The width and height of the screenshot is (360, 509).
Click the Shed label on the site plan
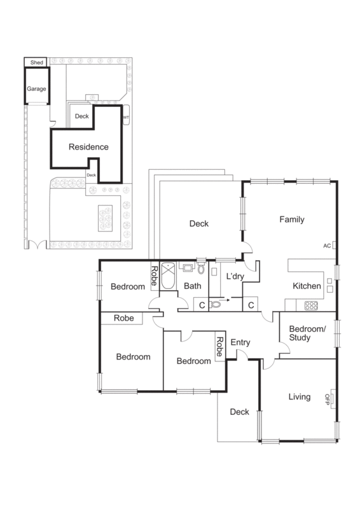point(36,62)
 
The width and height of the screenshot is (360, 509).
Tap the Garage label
point(36,89)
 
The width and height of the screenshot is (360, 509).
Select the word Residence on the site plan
point(88,147)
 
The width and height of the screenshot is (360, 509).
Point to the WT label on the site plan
point(126,118)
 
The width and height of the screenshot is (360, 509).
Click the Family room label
point(292,220)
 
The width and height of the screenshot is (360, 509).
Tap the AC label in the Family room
point(327,246)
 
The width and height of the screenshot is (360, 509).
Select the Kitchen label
point(307,286)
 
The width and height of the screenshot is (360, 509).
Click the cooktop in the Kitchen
point(312,305)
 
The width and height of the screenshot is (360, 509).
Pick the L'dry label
point(237,277)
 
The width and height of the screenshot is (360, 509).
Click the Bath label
point(192,286)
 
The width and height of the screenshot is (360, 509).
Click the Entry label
point(240,342)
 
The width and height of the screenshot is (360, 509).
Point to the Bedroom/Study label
point(307,333)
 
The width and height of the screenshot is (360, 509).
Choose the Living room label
point(300,397)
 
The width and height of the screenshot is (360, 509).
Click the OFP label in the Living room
point(328,398)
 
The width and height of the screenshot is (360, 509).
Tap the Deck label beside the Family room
point(199,223)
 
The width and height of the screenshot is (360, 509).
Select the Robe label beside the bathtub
point(154,275)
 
